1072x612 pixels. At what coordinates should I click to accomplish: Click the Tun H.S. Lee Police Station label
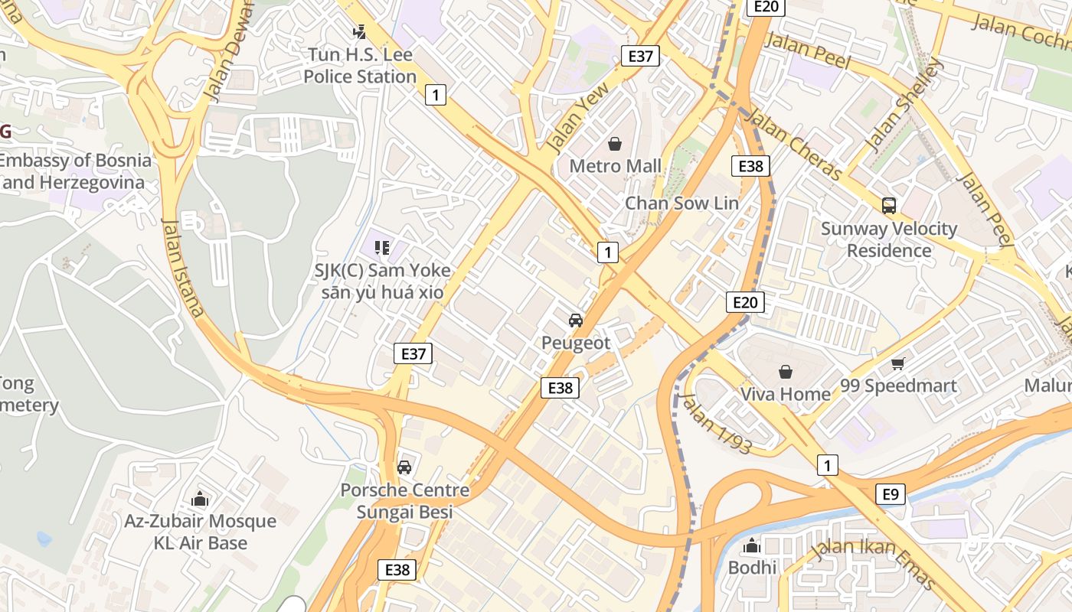[360, 66]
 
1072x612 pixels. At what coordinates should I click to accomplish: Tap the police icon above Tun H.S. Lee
[359, 32]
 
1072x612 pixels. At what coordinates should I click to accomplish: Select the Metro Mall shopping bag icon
[615, 143]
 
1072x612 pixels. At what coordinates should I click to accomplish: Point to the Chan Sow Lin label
[681, 203]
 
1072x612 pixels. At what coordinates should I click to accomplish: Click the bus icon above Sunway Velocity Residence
[889, 205]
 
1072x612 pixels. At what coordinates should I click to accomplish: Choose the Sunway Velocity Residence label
[889, 239]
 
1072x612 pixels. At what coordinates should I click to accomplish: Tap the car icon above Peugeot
[576, 320]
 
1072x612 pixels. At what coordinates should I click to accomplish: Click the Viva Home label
[785, 394]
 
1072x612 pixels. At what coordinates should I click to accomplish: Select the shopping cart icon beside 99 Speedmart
[898, 363]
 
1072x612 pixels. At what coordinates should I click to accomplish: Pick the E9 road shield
[891, 494]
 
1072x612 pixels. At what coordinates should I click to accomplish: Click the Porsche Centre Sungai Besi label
[405, 501]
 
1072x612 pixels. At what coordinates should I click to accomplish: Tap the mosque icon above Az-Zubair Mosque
[200, 499]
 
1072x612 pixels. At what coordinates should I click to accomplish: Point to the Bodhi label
[752, 568]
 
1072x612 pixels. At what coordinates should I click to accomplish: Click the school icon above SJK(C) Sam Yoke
[382, 247]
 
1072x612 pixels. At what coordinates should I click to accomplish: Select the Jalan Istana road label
[184, 267]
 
